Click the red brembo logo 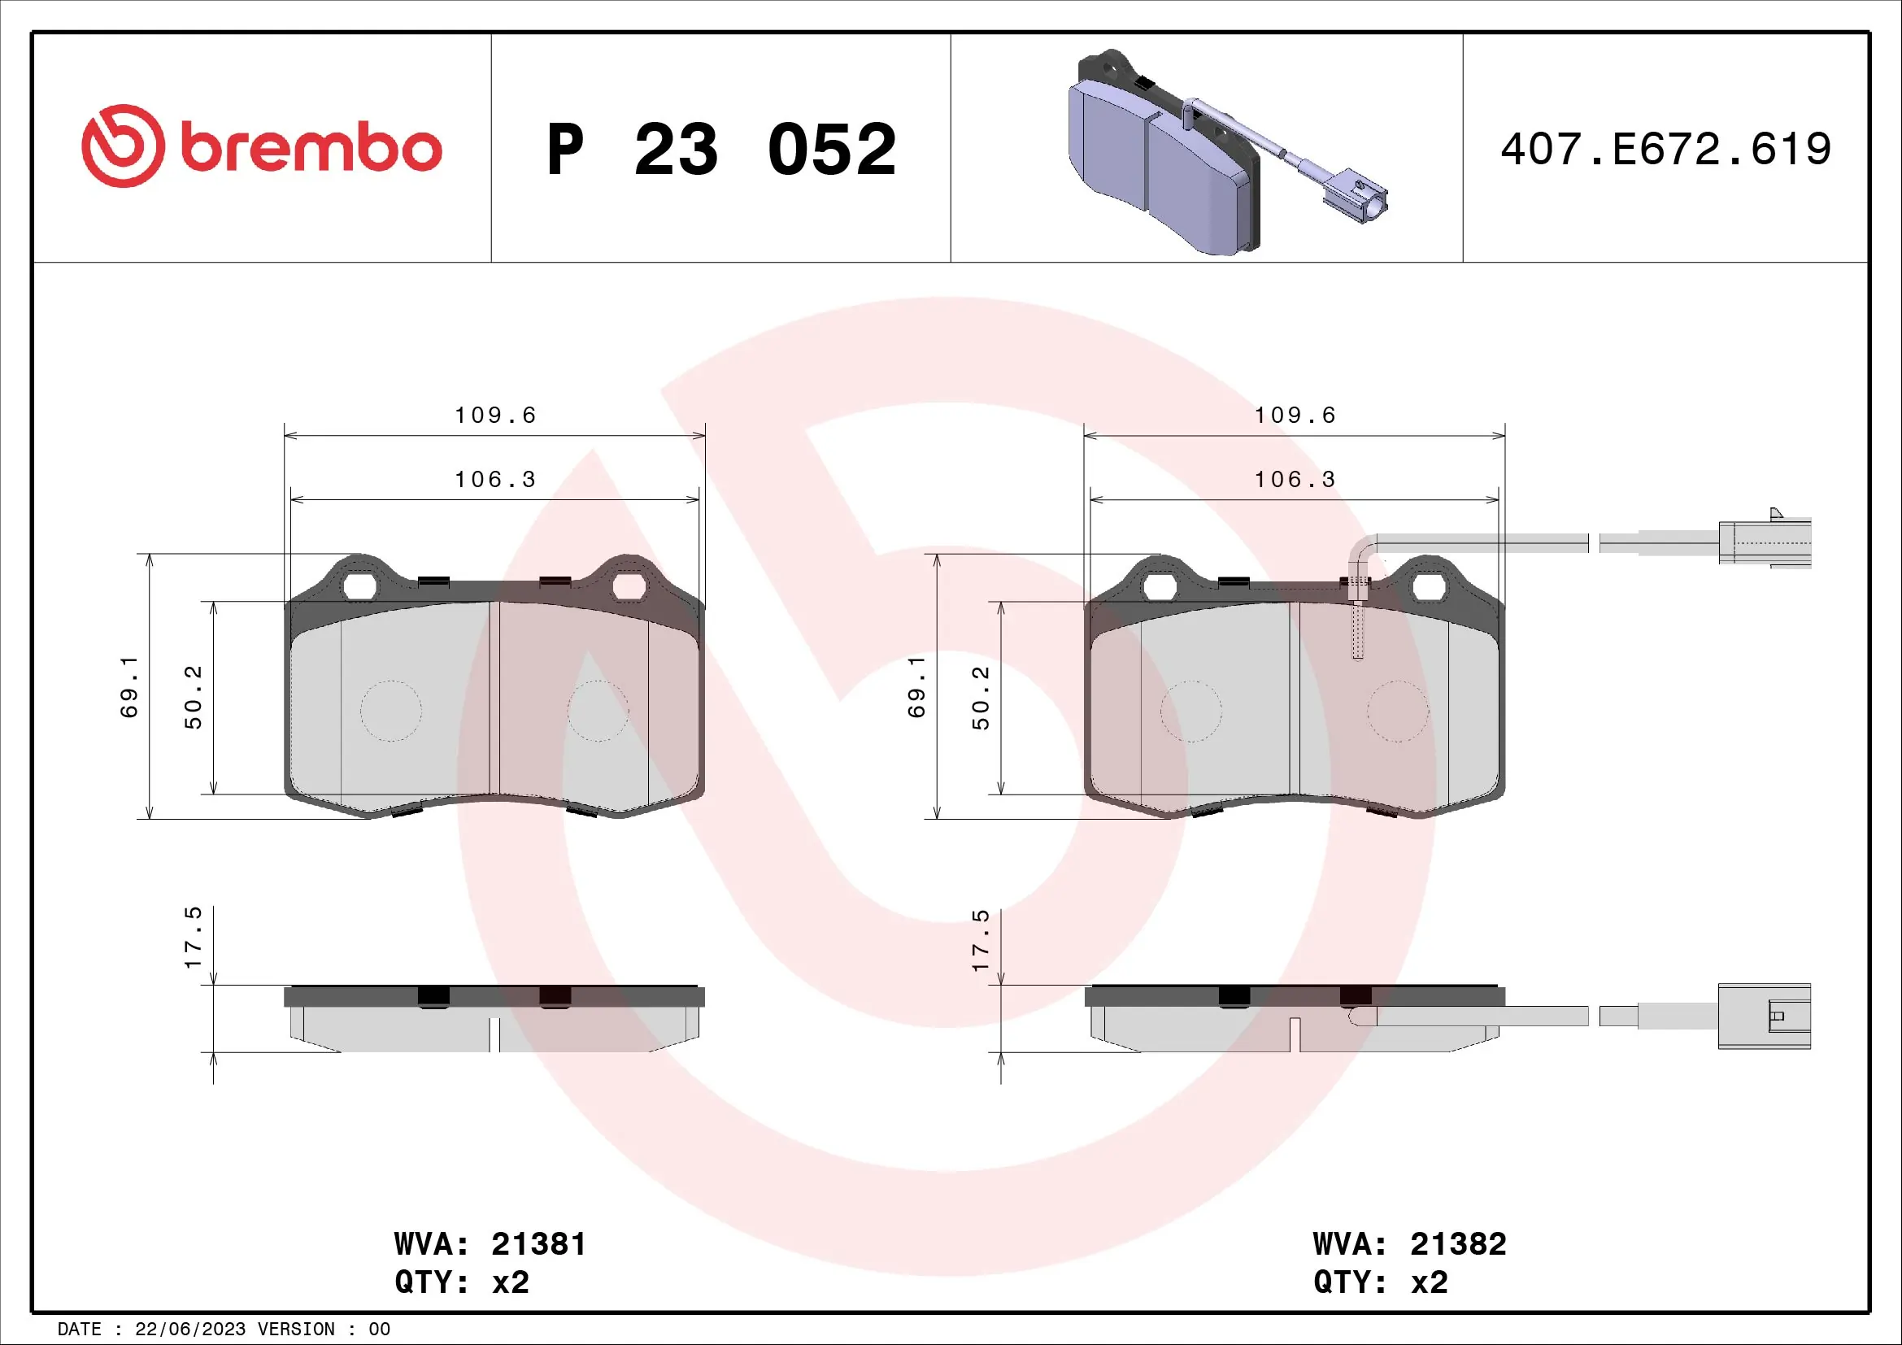tap(262, 146)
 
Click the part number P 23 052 tap(720, 149)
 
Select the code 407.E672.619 tap(1665, 149)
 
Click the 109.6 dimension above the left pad tap(495, 415)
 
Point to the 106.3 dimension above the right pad tap(1295, 480)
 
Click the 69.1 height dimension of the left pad tap(129, 686)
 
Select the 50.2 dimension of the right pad tap(981, 698)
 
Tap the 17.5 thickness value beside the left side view tap(193, 938)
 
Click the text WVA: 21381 tap(490, 1244)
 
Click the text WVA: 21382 tap(1409, 1244)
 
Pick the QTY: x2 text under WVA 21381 tap(461, 1282)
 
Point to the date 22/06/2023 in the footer tap(189, 1330)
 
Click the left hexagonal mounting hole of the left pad tap(359, 586)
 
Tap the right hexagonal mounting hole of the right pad tap(1429, 587)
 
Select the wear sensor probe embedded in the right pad tap(1357, 629)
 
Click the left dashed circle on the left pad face tap(391, 711)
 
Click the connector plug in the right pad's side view tap(1764, 1016)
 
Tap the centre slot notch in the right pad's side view tap(1295, 1035)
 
